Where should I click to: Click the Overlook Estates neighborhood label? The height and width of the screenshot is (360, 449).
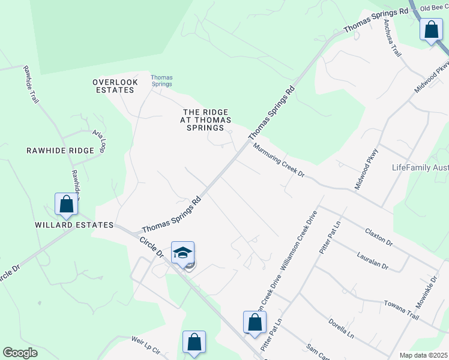pos(115,86)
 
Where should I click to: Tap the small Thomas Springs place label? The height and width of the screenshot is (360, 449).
pos(161,80)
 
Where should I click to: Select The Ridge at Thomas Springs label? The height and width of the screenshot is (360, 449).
pos(206,119)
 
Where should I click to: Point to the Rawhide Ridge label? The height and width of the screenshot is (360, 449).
pos(60,151)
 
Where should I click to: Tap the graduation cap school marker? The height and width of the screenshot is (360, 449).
pos(182,253)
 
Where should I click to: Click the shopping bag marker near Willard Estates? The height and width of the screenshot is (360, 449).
pos(66,205)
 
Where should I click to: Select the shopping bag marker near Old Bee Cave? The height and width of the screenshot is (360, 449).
pos(431,29)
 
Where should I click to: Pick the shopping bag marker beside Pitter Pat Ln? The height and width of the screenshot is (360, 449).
pos(255,322)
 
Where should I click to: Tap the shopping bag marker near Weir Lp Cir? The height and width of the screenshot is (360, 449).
pos(194,342)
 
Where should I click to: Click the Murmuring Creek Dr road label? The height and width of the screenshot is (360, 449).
pos(279,161)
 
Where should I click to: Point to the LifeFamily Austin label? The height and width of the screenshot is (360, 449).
pos(420,167)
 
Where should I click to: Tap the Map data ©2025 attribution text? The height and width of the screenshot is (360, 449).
pos(423,355)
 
